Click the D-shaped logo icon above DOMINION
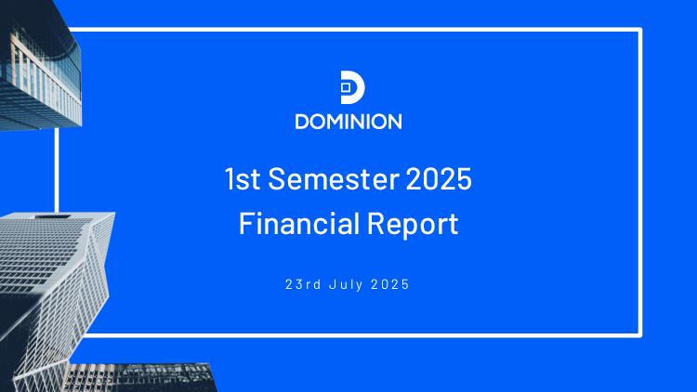(352, 87)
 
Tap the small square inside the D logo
(346, 87)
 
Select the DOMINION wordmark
(348, 122)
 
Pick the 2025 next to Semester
(439, 178)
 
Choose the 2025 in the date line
(389, 284)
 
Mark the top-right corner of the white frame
(640, 30)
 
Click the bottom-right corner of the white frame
(640, 335)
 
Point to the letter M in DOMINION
(339, 122)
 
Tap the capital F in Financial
(245, 223)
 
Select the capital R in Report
(375, 223)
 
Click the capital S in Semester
(276, 178)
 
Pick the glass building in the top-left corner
(40, 67)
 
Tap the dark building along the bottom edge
(140, 378)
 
